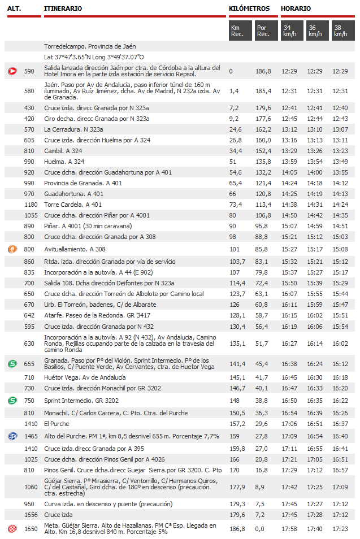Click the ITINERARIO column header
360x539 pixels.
tap(63, 8)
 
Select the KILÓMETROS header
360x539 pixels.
tap(249, 8)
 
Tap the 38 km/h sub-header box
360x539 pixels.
tap(343, 31)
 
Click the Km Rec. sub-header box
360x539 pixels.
tap(240, 31)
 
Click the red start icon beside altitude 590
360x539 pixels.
tap(12, 71)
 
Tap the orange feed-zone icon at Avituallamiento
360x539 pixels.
tap(12, 249)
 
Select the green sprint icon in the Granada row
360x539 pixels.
tap(12, 364)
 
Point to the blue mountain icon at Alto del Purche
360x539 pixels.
tap(12, 436)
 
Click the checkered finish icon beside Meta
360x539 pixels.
tap(12, 529)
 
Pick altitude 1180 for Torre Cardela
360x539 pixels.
tap(31, 205)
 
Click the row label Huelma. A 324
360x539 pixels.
tap(64, 162)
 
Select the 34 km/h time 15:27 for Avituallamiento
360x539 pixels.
tap(289, 249)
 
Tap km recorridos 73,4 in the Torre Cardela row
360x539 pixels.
tap(236, 205)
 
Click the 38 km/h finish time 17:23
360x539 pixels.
tap(340, 529)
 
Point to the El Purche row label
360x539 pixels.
tap(57, 424)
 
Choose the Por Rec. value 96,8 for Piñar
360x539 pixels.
tap(261, 226)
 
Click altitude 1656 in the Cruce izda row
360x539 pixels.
tap(31, 515)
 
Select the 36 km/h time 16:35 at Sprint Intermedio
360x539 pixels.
tap(315, 401)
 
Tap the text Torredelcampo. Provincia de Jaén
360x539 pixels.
tap(90, 46)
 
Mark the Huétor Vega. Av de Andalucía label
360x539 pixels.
tap(85, 377)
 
